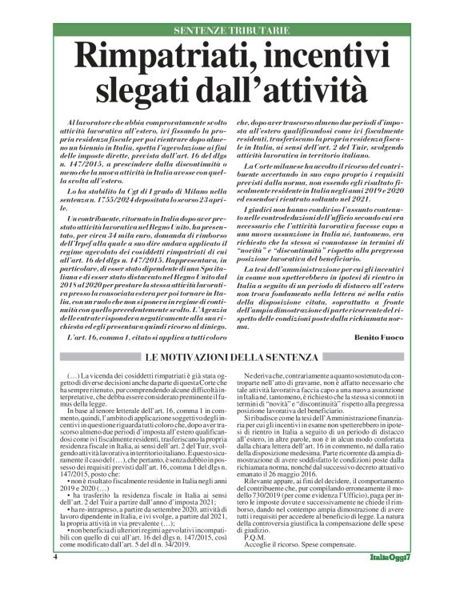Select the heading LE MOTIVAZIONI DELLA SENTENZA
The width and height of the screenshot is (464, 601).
pos(231,354)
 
